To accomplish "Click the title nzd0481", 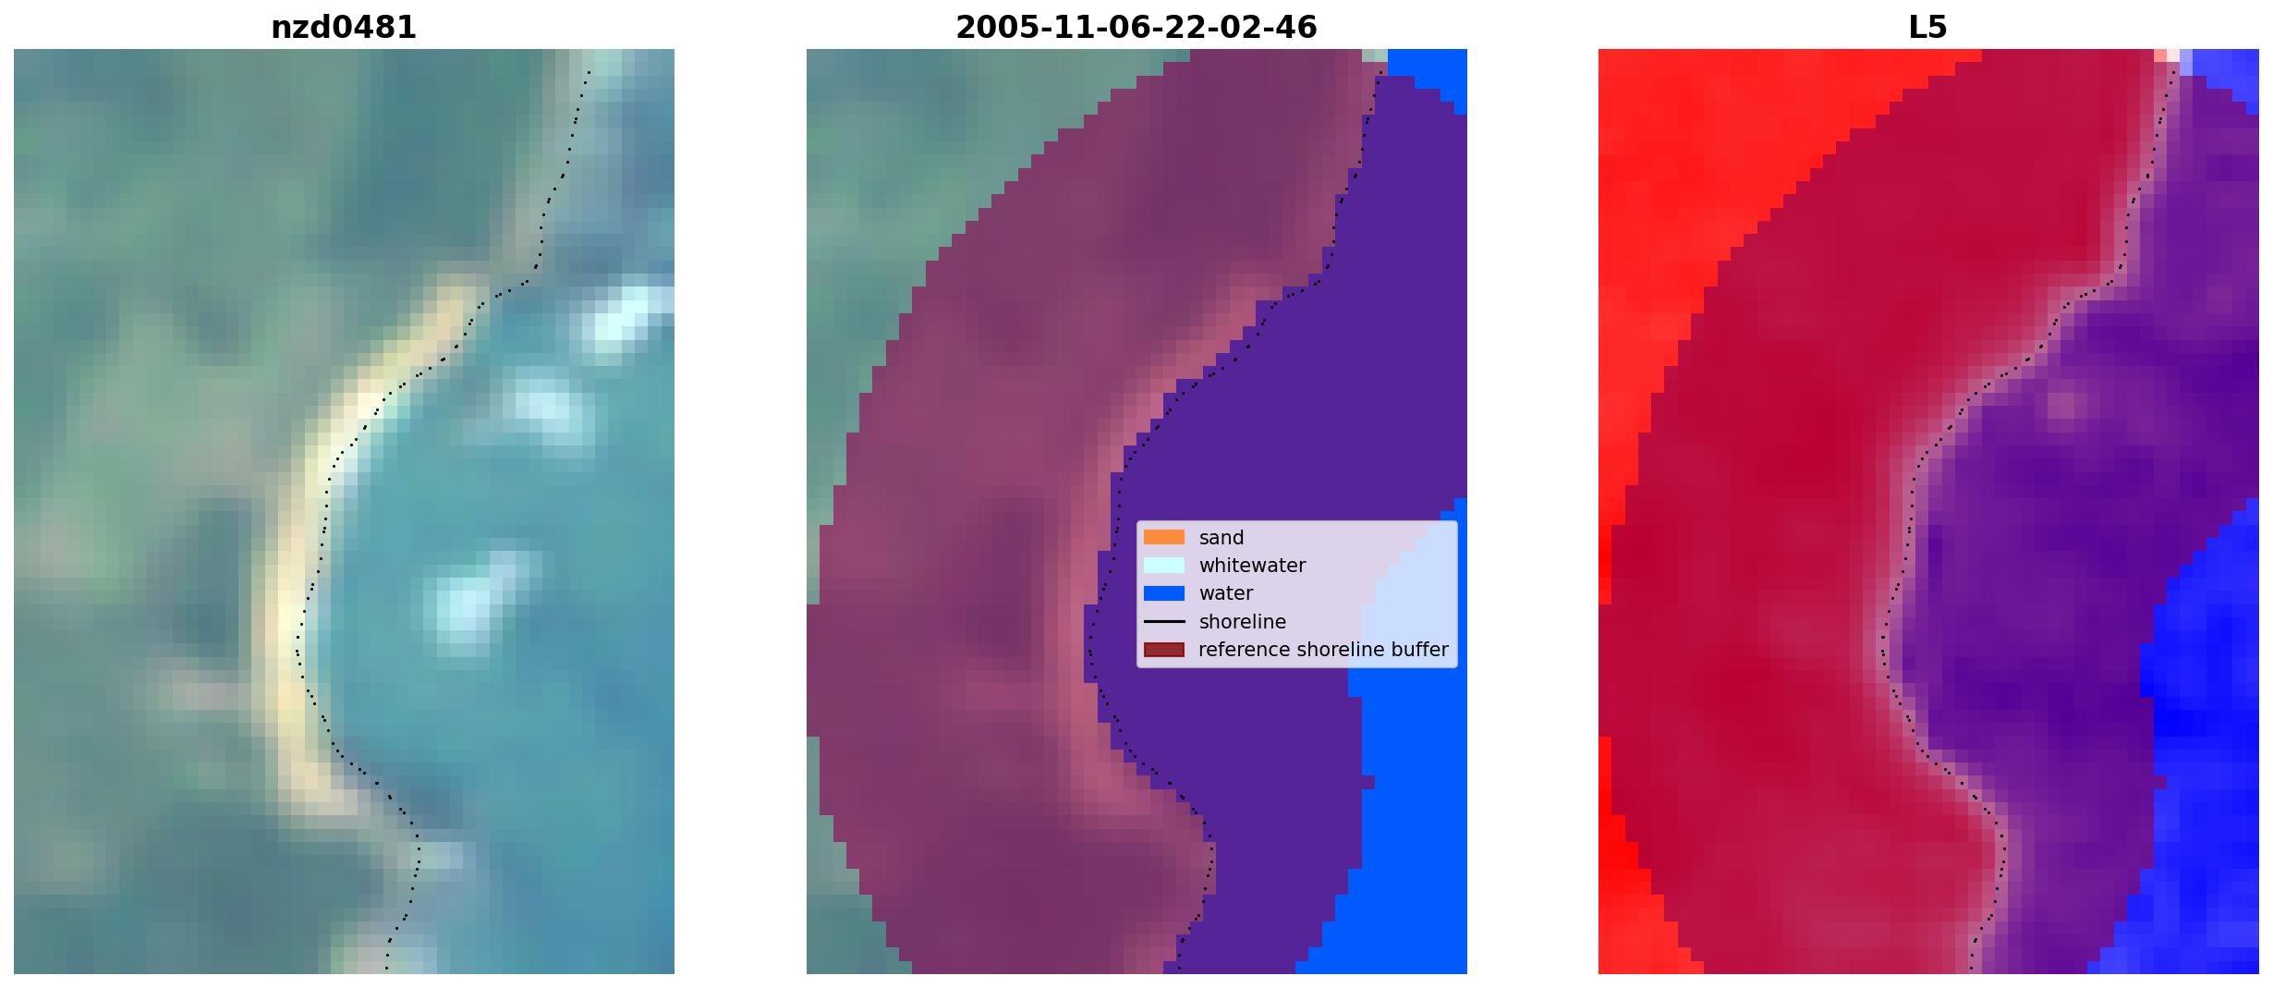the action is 344,28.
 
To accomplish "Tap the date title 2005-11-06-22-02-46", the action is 1136,28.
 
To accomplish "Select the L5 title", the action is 1928,28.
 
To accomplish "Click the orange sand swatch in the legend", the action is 1164,537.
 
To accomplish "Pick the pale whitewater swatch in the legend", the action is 1164,566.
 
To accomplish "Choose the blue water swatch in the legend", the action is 1164,593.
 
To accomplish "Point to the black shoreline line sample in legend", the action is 1164,622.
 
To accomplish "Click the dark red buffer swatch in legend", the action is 1164,650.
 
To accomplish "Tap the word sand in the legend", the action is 1222,538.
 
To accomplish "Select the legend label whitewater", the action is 1252,566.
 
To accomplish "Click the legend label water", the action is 1226,593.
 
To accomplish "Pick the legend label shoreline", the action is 1242,622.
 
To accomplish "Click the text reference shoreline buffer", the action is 1323,650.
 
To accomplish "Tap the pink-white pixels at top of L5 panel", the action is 2166,55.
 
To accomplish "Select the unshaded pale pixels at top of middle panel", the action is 1375,55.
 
